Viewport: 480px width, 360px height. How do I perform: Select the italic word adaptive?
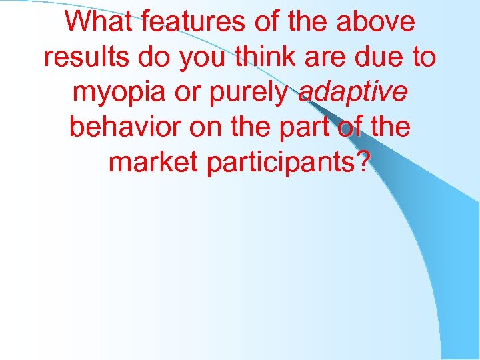point(353,93)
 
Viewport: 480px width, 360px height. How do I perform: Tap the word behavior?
point(125,127)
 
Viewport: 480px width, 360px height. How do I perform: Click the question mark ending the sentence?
point(362,162)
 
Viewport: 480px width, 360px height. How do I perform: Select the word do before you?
point(157,58)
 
